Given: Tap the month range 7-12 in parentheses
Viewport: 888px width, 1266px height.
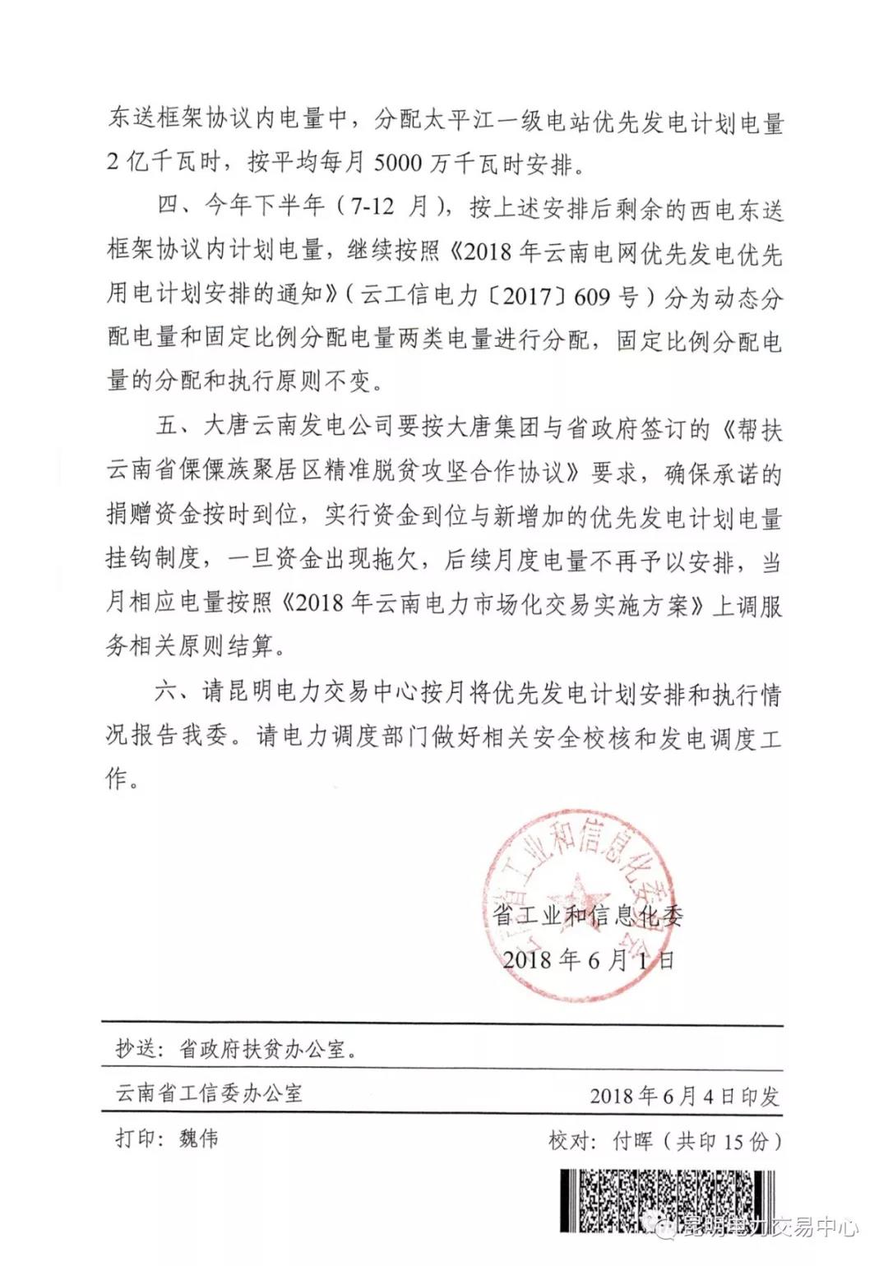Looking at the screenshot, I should [372, 206].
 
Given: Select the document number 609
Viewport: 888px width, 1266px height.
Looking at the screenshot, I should [592, 295].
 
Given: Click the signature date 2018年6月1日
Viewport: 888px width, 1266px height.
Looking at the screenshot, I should [589, 959].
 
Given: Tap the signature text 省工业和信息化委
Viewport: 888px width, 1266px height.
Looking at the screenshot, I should [588, 915].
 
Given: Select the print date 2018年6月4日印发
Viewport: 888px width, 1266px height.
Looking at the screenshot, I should [684, 1095].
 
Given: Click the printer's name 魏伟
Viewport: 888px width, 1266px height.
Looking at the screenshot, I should [199, 1139].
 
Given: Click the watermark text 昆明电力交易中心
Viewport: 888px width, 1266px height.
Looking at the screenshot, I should [770, 1227].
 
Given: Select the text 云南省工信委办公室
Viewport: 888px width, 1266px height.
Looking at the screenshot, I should [209, 1093].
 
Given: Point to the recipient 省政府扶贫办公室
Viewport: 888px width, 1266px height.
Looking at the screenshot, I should [262, 1049].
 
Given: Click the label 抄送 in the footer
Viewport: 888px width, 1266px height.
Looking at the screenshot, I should [135, 1049].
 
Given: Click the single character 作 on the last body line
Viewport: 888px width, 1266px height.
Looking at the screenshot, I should [118, 779].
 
